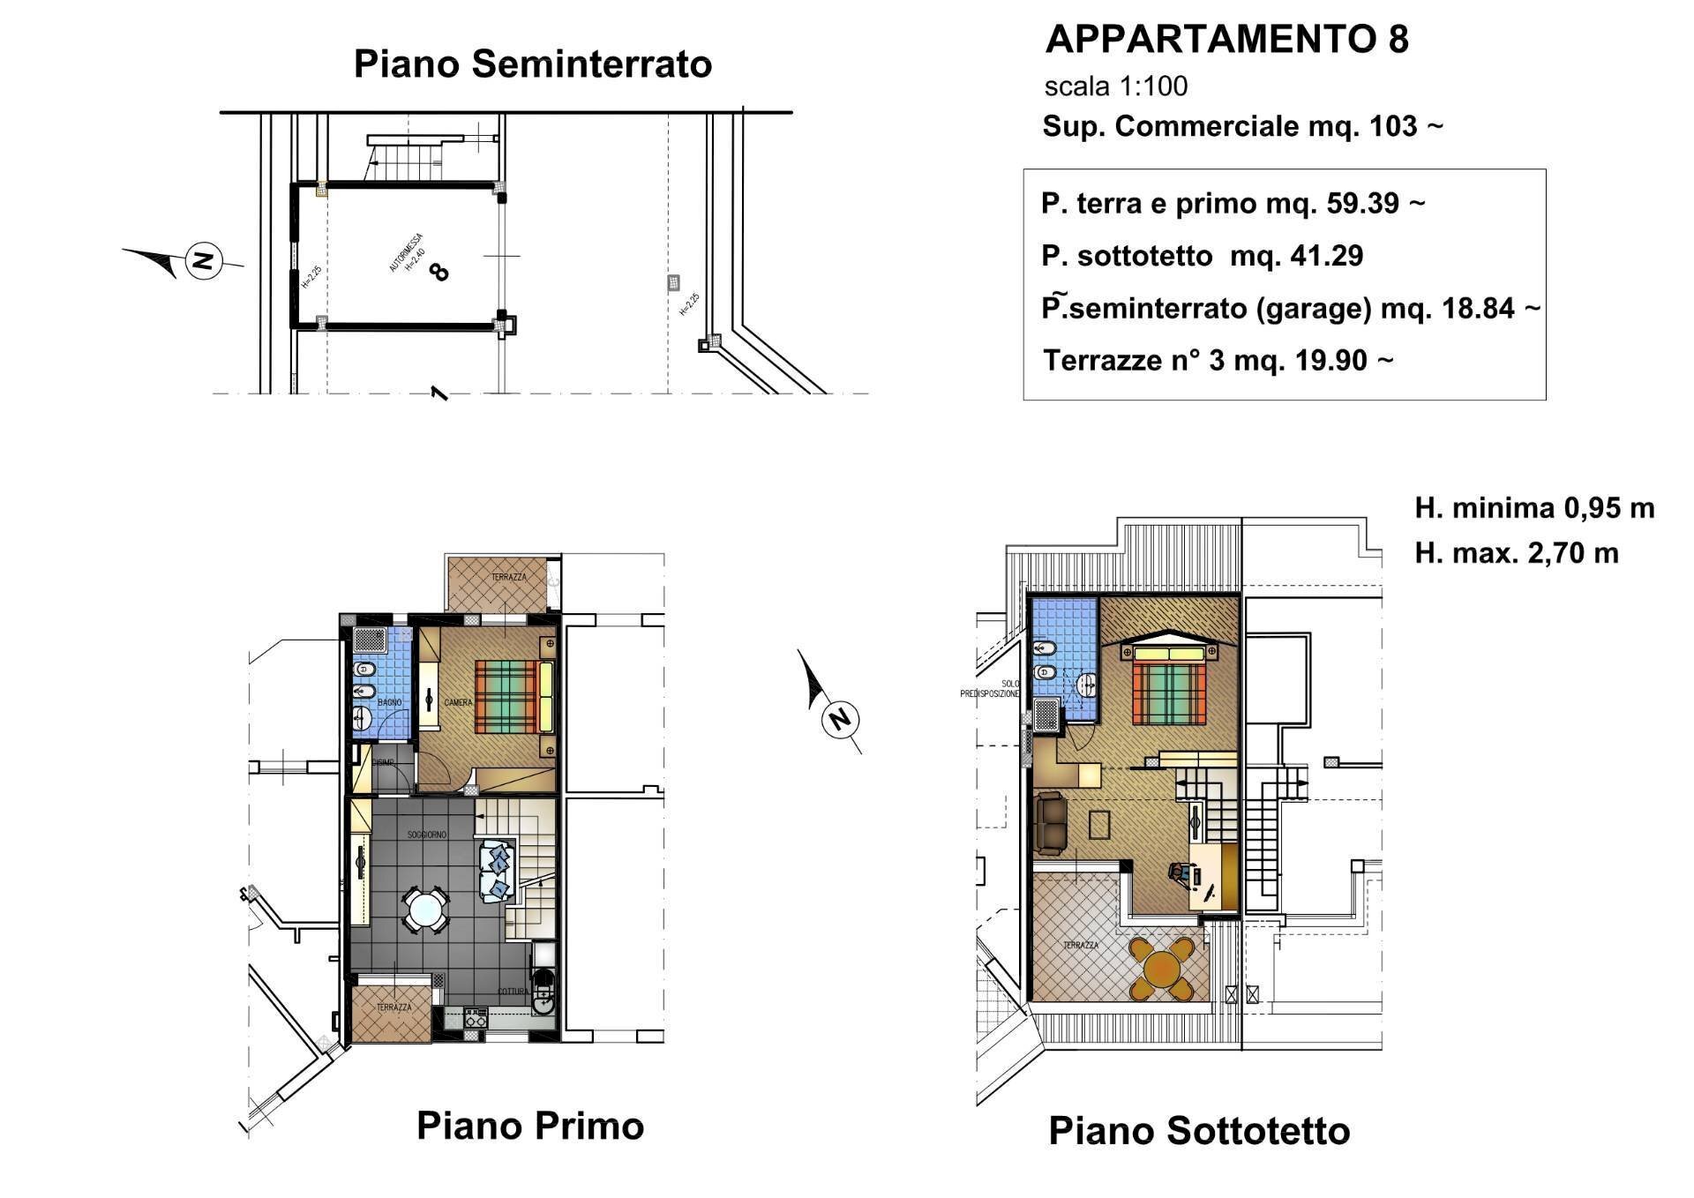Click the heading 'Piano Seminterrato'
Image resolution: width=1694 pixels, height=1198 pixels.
[x=532, y=64]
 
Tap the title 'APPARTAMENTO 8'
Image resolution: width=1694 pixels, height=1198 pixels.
[x=1226, y=39]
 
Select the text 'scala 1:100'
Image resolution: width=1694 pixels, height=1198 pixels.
[x=1115, y=86]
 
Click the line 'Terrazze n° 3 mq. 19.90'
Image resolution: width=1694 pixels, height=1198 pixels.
[x=1218, y=360]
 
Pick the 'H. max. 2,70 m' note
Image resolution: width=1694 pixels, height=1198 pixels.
[x=1516, y=553]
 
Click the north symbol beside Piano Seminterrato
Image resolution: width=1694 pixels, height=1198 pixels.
[x=204, y=260]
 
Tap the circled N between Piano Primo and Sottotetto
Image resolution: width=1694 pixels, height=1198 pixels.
[x=839, y=720]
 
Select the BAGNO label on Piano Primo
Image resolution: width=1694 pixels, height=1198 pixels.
[x=389, y=702]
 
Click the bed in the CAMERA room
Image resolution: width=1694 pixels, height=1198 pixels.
[x=512, y=697]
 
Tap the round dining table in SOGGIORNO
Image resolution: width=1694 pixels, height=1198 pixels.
[x=425, y=910]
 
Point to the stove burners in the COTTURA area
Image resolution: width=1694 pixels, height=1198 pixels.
[x=475, y=1017]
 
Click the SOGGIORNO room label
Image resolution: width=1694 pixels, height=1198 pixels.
[x=426, y=835]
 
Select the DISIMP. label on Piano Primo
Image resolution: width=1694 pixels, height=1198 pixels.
[x=382, y=763]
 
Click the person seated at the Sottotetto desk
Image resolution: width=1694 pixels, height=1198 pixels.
[x=1181, y=873]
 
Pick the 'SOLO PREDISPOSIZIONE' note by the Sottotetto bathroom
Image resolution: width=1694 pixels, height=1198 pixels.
[x=990, y=689]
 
